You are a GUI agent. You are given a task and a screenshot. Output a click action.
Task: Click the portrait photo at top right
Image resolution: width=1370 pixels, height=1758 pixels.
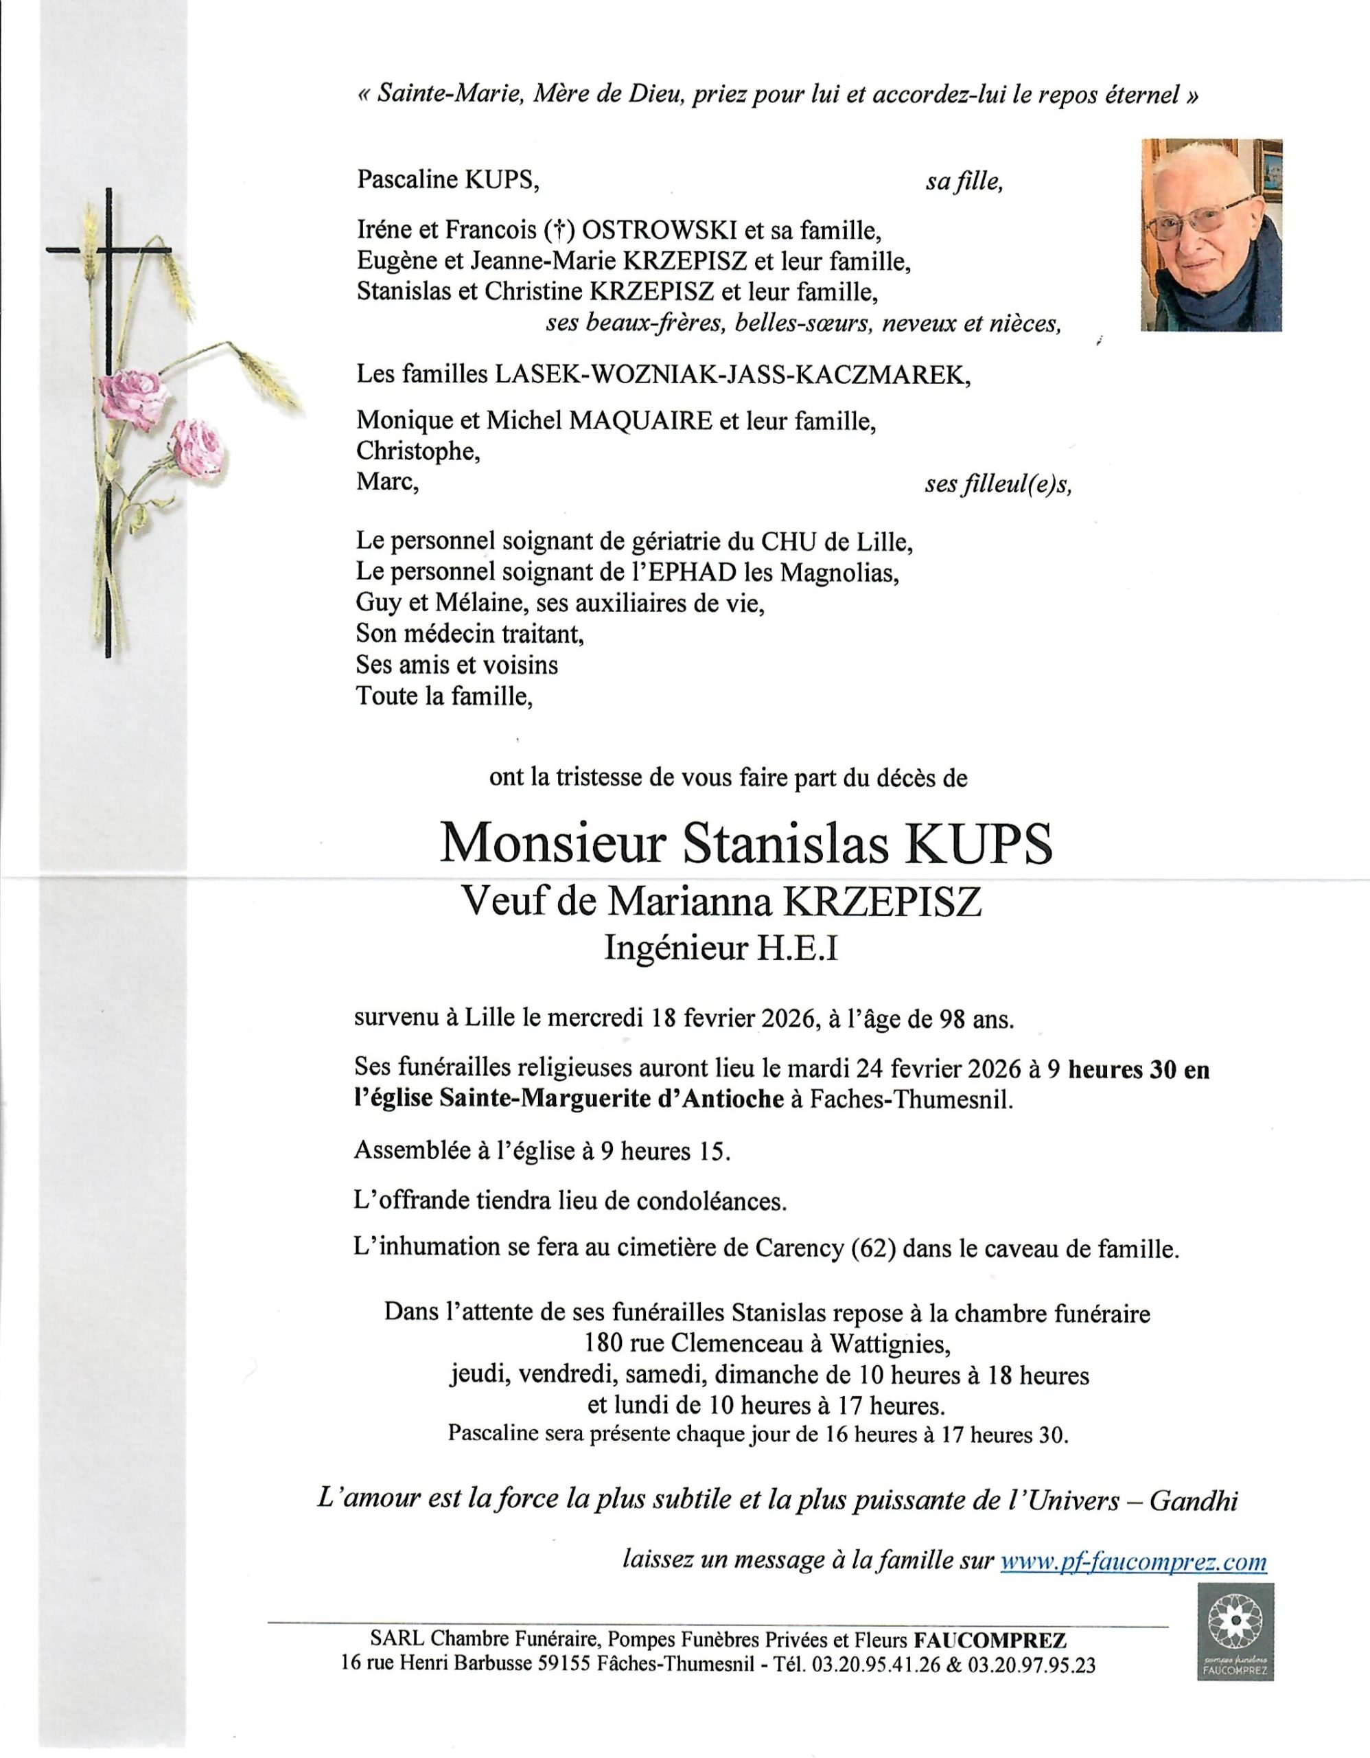coord(1211,235)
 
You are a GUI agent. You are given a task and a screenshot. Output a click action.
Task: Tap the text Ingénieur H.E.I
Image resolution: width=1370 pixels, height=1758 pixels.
coord(721,950)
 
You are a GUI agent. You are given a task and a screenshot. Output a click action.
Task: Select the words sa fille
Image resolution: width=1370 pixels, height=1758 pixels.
coord(964,182)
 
